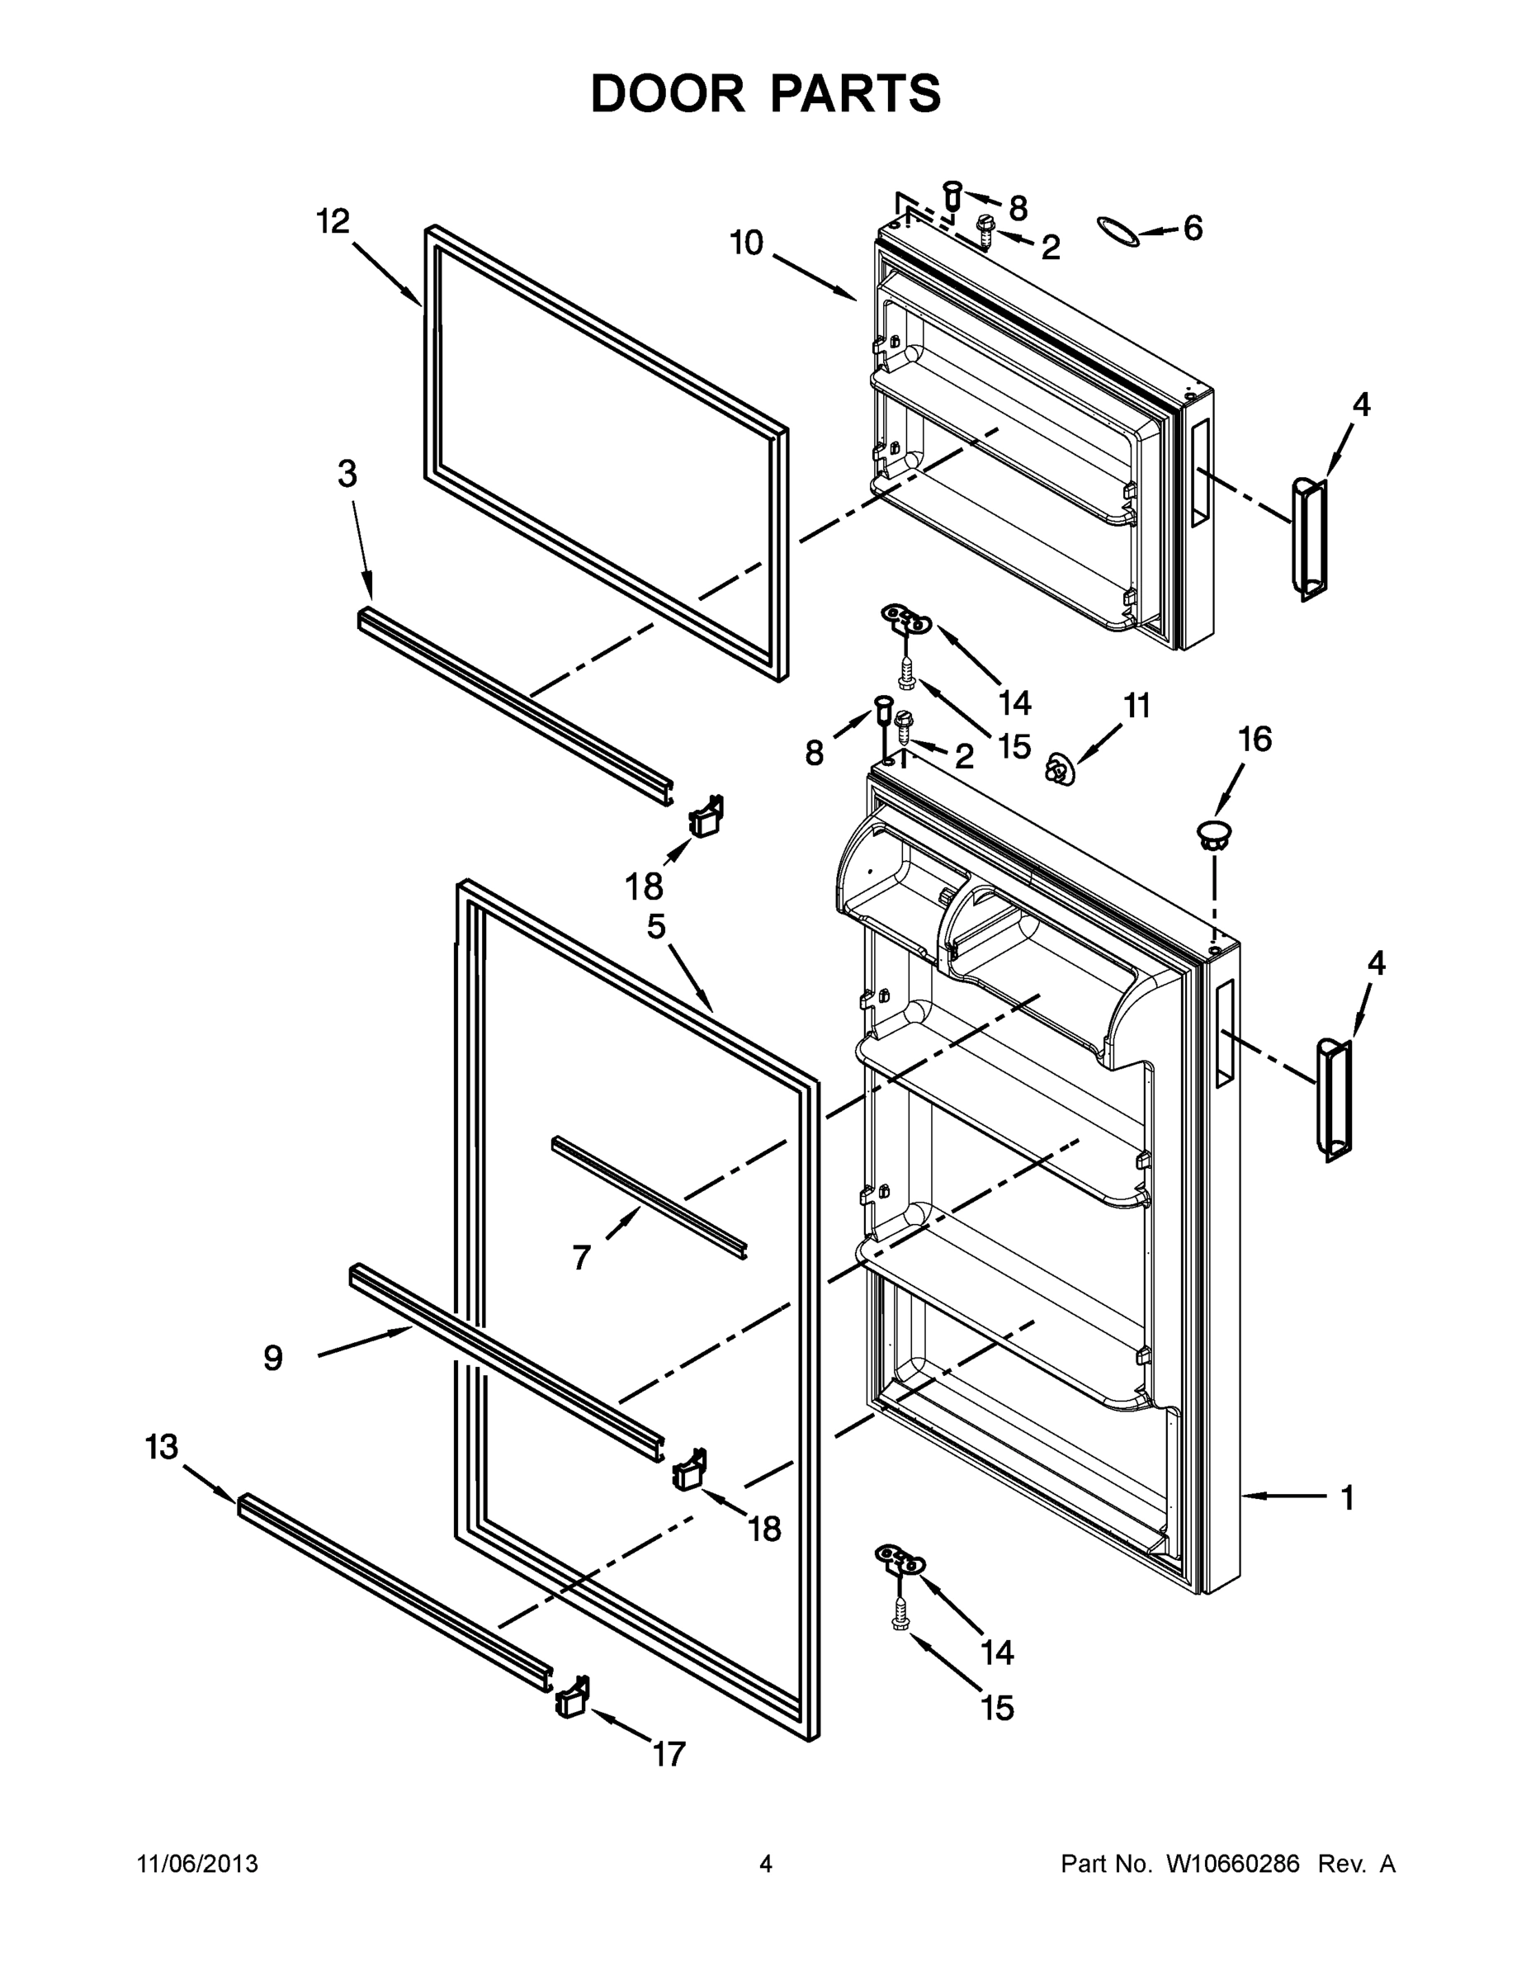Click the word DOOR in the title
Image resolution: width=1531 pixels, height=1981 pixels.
(667, 93)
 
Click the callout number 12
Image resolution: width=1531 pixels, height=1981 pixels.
(333, 220)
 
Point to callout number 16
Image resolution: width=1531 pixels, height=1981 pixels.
(1255, 740)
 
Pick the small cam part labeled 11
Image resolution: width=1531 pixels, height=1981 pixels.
(1058, 769)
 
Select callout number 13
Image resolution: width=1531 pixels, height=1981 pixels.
(162, 1447)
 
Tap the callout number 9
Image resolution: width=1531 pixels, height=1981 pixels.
(273, 1358)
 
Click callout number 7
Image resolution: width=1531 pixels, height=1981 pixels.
(581, 1257)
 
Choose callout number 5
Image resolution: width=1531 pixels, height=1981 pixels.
(656, 926)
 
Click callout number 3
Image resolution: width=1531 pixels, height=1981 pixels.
(347, 474)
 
